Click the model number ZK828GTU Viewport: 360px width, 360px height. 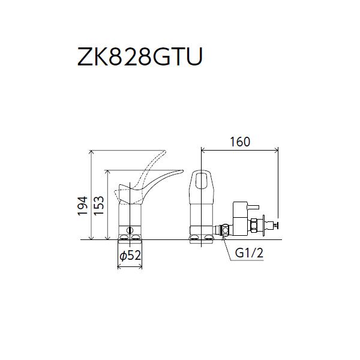pyautogui.click(x=139, y=58)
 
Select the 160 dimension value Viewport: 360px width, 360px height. pyautogui.click(x=239, y=142)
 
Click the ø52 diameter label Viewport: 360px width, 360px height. pyautogui.click(x=130, y=255)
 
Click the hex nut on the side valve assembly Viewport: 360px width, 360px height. pyautogui.click(x=253, y=226)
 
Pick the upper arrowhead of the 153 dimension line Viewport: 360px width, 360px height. pyautogui.click(x=106, y=169)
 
